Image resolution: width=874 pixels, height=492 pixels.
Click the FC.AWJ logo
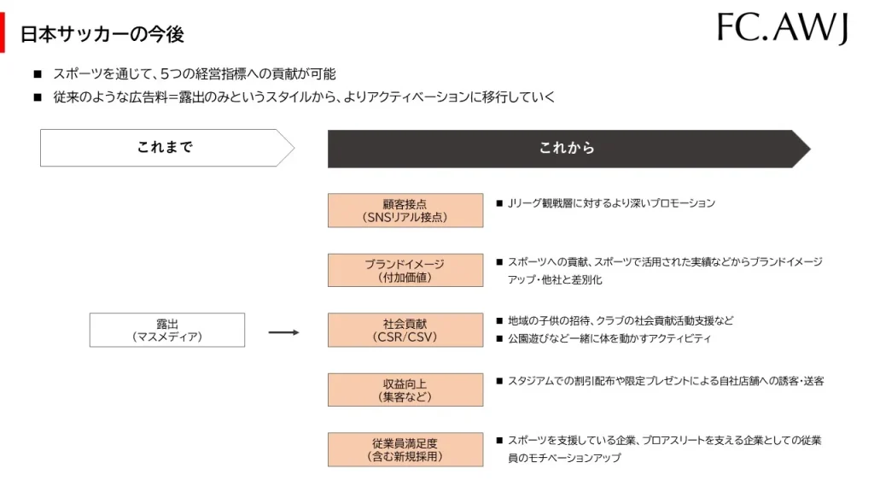coord(782,28)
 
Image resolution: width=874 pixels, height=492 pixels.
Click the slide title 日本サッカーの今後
coord(102,34)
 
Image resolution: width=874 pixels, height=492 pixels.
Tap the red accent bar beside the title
coord(3,33)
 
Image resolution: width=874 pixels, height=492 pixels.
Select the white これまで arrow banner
coord(166,148)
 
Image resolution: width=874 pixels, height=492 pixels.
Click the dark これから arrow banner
coord(568,149)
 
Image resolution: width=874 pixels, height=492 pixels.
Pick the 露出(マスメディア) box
coord(167,330)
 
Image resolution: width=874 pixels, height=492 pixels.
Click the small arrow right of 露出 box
coord(283,332)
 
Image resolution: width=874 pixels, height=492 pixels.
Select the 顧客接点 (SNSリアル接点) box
coord(405,210)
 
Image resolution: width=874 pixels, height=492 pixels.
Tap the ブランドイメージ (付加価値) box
coord(405,271)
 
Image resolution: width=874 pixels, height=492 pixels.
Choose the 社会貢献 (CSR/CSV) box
coord(405,330)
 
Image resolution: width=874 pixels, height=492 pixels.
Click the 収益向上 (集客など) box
coord(405,389)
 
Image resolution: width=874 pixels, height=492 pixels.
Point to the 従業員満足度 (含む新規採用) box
coord(405,449)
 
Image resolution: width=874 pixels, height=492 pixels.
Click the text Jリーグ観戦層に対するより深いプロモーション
coord(611,203)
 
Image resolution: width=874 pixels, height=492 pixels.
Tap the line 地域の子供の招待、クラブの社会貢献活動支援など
coord(621,321)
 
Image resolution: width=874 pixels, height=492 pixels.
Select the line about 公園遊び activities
coord(609,338)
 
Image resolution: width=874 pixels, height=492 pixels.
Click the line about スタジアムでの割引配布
coord(666,381)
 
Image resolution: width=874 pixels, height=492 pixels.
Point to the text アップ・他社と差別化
coord(555,279)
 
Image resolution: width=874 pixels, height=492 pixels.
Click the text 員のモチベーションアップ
coord(564,458)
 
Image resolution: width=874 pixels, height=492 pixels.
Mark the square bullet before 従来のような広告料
coord(38,97)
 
